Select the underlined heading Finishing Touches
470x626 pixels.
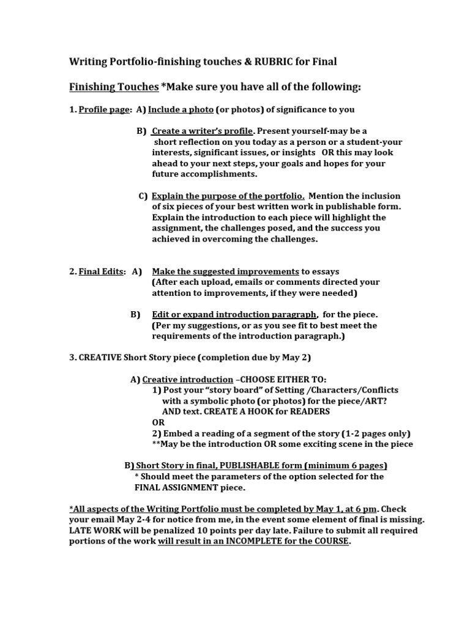click(113, 87)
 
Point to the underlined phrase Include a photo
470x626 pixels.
click(181, 109)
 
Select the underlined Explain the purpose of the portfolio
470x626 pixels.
click(228, 196)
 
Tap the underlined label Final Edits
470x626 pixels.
click(102, 271)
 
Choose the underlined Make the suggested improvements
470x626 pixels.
click(225, 271)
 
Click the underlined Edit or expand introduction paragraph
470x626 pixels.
click(234, 315)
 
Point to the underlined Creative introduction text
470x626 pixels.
click(187, 380)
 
